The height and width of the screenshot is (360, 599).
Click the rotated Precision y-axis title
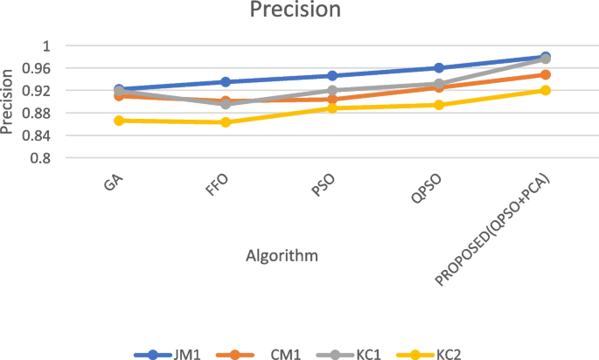coord(9,102)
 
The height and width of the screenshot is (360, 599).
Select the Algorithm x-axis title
coord(281,255)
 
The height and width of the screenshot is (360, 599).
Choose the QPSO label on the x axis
coord(427,190)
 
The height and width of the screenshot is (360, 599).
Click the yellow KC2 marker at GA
coord(119,121)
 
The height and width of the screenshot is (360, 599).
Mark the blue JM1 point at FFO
coord(226,82)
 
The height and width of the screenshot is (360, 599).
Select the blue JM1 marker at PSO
coord(332,76)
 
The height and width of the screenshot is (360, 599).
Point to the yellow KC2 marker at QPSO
coord(439,105)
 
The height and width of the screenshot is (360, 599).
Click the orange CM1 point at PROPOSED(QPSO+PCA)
coord(546,75)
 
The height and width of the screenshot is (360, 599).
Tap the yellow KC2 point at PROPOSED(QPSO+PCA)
coord(546,90)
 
